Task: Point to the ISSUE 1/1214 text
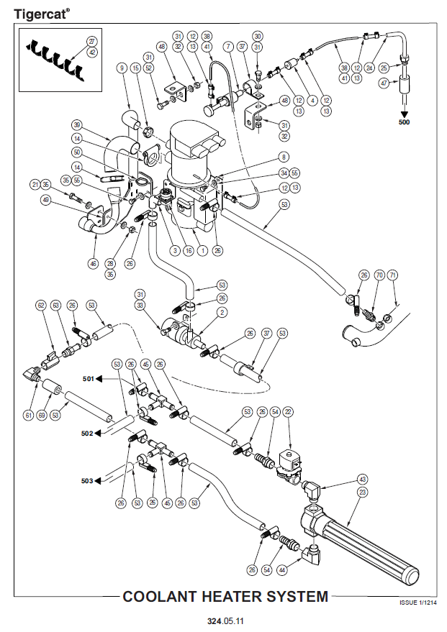417,603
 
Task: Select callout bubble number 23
362,492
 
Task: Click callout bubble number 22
289,411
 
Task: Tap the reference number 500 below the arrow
405,123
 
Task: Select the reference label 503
88,480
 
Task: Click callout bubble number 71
392,275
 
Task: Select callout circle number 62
41,305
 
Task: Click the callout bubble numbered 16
187,251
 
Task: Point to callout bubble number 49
48,201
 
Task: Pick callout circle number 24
370,68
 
